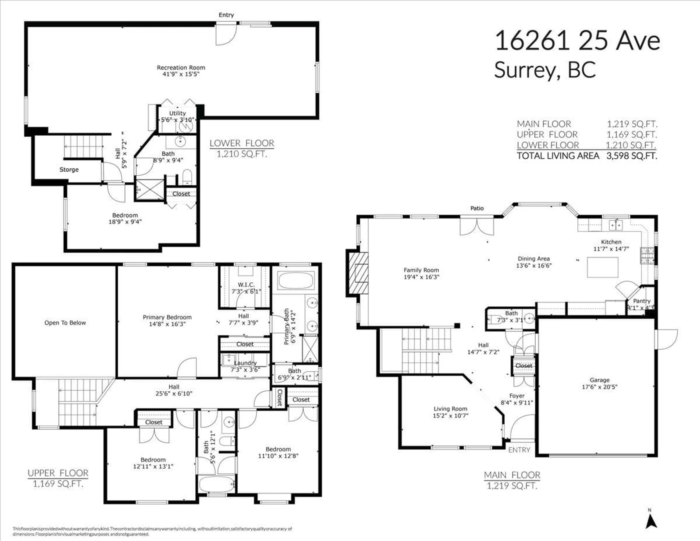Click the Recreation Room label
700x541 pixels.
(181, 68)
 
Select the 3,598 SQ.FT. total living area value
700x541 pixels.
(631, 156)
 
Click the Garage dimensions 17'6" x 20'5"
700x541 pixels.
(599, 387)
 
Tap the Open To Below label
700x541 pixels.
(65, 323)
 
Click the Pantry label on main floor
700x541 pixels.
(642, 301)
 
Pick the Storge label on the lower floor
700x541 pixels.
(69, 169)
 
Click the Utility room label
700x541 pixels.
(177, 113)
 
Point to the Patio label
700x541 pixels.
(477, 208)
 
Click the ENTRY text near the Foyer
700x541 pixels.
(519, 450)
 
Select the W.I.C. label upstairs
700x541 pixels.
(246, 284)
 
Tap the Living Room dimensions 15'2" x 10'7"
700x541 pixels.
(450, 416)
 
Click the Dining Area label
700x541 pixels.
(534, 258)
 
